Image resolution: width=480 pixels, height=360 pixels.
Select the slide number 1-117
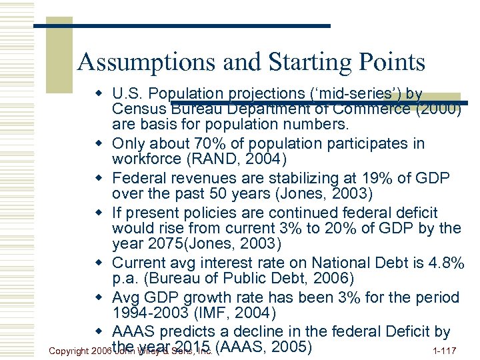click(445, 349)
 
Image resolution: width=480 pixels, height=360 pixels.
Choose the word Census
click(138, 109)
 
